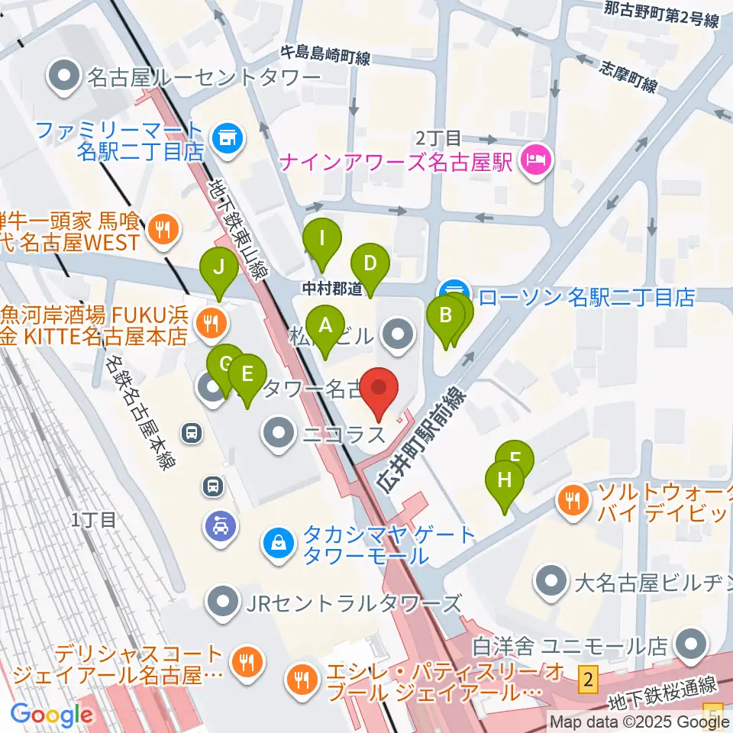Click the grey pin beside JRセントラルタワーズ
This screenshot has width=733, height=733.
click(223, 602)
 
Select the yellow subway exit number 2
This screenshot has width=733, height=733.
click(587, 678)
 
